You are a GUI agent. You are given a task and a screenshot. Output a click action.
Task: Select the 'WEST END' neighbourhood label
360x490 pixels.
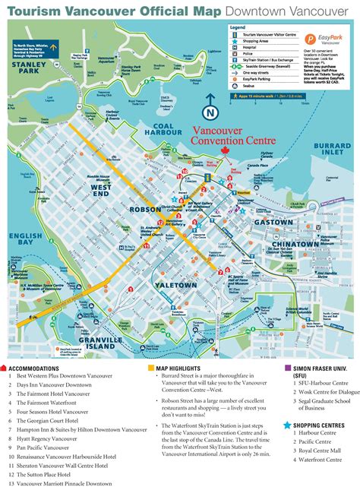103,191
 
